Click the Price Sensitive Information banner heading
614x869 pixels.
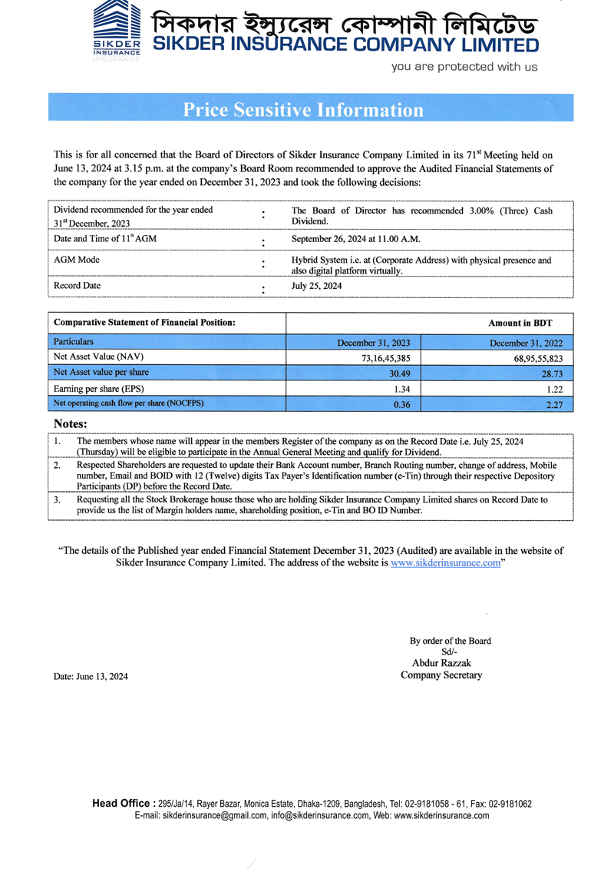[x=303, y=110]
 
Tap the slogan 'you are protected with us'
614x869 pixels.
[x=464, y=67]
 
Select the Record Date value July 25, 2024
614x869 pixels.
[x=317, y=286]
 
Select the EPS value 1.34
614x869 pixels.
[x=401, y=389]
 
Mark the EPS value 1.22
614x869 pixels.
[x=554, y=389]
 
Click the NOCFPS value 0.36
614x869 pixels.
[x=401, y=404]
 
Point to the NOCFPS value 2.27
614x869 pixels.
[x=554, y=404]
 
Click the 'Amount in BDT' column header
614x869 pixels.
[x=520, y=323]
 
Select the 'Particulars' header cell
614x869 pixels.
[x=74, y=340]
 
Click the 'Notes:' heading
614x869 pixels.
[x=70, y=424]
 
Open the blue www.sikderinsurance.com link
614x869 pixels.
[x=445, y=563]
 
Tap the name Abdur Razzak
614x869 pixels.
[x=442, y=662]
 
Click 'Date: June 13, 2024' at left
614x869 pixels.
[x=91, y=676]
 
